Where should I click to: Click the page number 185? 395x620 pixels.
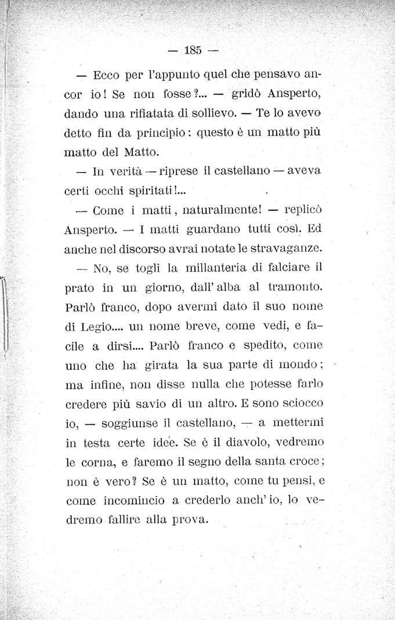(x=192, y=50)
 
